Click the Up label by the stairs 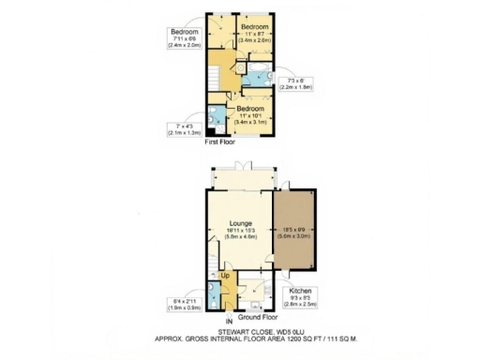(225, 276)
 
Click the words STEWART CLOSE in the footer (230, 330)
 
